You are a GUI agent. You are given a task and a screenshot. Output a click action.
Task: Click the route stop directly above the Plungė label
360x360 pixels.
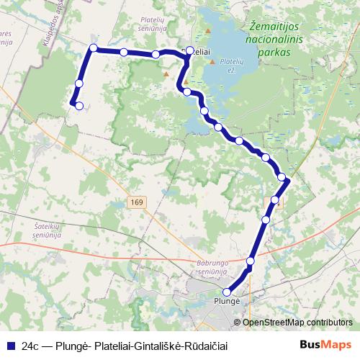click(x=228, y=292)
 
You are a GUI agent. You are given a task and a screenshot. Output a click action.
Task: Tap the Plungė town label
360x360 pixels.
click(x=226, y=302)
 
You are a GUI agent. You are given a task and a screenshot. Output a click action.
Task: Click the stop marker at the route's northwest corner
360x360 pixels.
click(x=93, y=48)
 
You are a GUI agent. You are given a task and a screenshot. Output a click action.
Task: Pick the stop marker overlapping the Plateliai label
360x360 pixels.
click(x=190, y=50)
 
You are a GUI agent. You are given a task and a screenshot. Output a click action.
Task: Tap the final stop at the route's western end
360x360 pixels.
click(x=79, y=106)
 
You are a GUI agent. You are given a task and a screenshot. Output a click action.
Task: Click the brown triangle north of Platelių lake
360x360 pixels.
click(x=209, y=31)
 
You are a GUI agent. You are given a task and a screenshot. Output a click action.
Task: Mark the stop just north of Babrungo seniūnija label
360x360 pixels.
click(x=251, y=261)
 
